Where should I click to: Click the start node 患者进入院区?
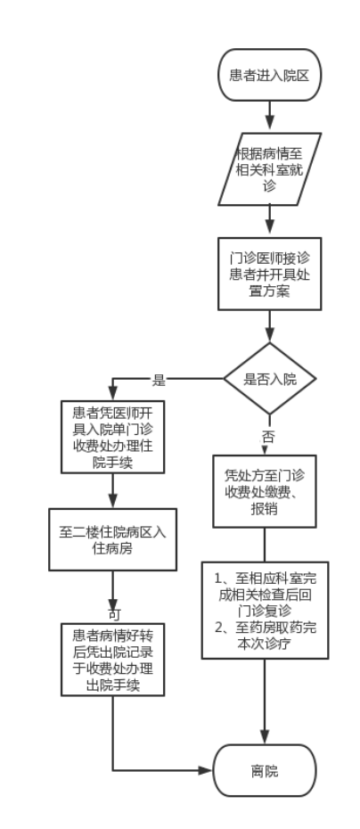(x=270, y=75)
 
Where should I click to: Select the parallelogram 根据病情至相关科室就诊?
(x=270, y=169)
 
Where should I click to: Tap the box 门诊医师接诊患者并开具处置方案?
(x=270, y=274)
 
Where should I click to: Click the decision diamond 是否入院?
(x=270, y=379)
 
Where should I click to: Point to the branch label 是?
(x=159, y=380)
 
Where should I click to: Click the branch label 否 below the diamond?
(x=268, y=437)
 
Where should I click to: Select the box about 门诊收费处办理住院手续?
(x=112, y=437)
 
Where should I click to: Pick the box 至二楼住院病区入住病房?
(x=112, y=540)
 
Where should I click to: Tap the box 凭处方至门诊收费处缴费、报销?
(x=265, y=491)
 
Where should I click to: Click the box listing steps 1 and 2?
(x=265, y=610)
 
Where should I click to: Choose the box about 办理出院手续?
(x=112, y=660)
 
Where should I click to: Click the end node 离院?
(x=265, y=770)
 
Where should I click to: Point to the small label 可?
(x=115, y=614)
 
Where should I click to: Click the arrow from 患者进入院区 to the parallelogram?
(x=270, y=115)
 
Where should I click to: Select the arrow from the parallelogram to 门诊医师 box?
(x=270, y=219)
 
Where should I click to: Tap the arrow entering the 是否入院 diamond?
(x=270, y=325)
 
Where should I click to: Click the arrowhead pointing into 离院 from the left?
(x=206, y=770)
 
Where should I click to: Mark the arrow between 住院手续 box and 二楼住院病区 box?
(x=112, y=490)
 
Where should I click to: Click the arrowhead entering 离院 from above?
(x=265, y=736)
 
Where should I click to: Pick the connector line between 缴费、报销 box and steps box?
(x=265, y=545)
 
